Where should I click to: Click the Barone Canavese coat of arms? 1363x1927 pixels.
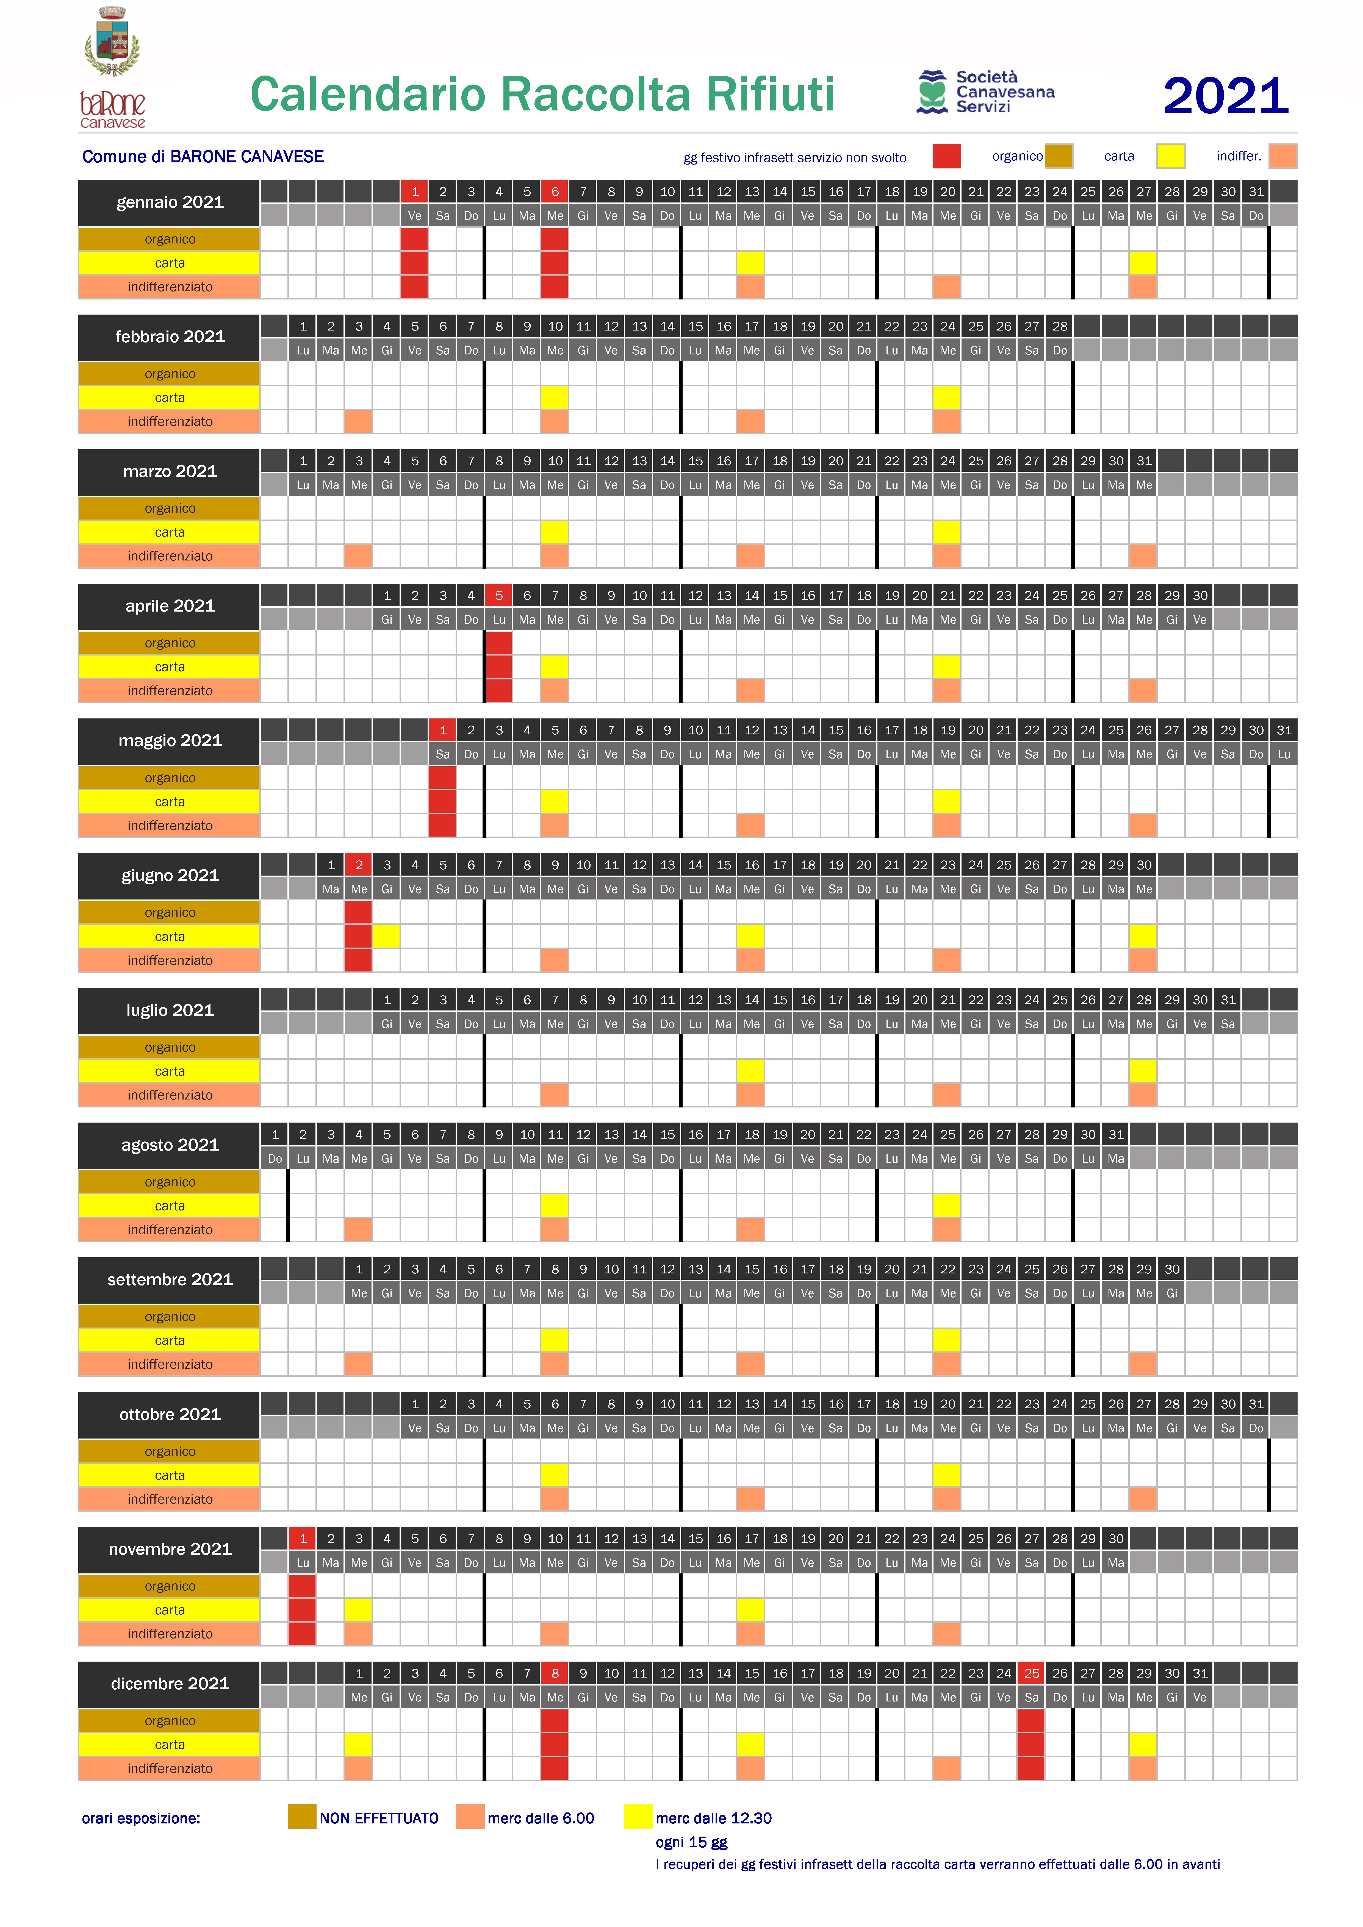[112, 42]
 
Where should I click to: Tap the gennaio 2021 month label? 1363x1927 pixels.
[170, 202]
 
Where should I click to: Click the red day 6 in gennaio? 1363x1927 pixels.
[555, 191]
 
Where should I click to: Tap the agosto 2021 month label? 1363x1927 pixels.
[170, 1145]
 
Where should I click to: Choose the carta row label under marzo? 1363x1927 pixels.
[170, 532]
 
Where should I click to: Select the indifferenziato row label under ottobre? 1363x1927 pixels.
[170, 1499]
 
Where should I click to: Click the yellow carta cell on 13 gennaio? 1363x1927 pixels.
[751, 263]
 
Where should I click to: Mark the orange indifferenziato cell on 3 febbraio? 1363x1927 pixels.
[358, 421]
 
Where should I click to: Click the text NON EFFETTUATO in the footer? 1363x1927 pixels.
[378, 1818]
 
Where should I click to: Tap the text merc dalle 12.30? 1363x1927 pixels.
[713, 1818]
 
